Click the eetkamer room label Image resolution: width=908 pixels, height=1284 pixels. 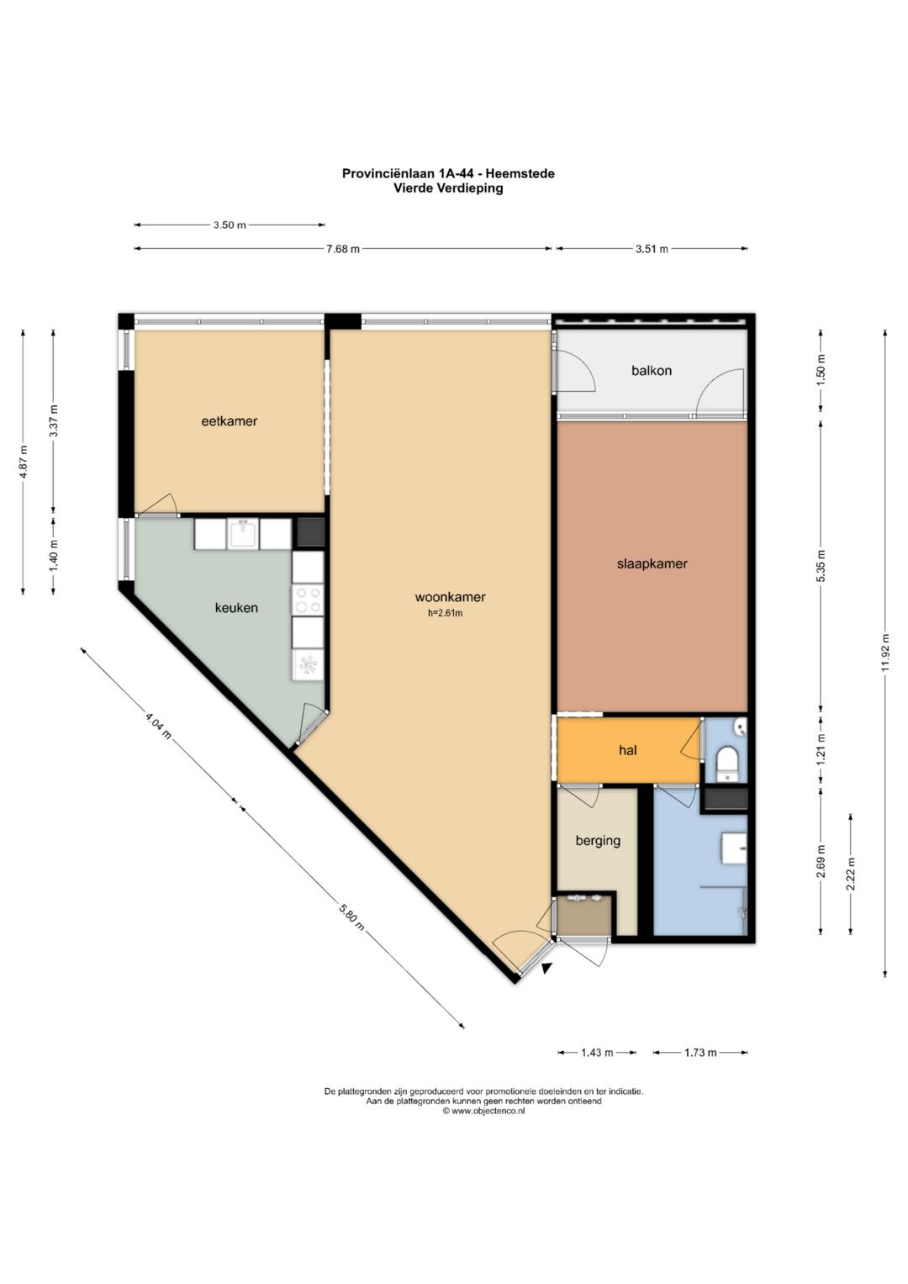[x=230, y=421]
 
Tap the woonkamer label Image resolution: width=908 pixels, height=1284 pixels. [x=450, y=597]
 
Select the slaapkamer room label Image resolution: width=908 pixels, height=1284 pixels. [x=652, y=563]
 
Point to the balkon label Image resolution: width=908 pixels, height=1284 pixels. [x=652, y=370]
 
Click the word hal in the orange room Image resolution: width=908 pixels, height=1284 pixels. [x=628, y=750]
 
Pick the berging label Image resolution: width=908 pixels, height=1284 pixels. [x=598, y=841]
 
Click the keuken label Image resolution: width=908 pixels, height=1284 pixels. [x=236, y=608]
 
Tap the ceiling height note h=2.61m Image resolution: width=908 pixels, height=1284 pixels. [x=445, y=613]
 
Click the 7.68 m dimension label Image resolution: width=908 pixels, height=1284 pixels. [x=343, y=250]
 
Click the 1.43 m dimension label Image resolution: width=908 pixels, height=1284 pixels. [x=597, y=1053]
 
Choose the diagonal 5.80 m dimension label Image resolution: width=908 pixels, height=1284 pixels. [x=351, y=917]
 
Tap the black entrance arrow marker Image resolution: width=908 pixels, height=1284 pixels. [x=546, y=968]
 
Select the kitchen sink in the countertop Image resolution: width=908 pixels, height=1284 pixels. [x=244, y=534]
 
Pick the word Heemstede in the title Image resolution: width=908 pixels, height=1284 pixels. [x=520, y=173]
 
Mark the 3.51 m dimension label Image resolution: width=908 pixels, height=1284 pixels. [x=652, y=250]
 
